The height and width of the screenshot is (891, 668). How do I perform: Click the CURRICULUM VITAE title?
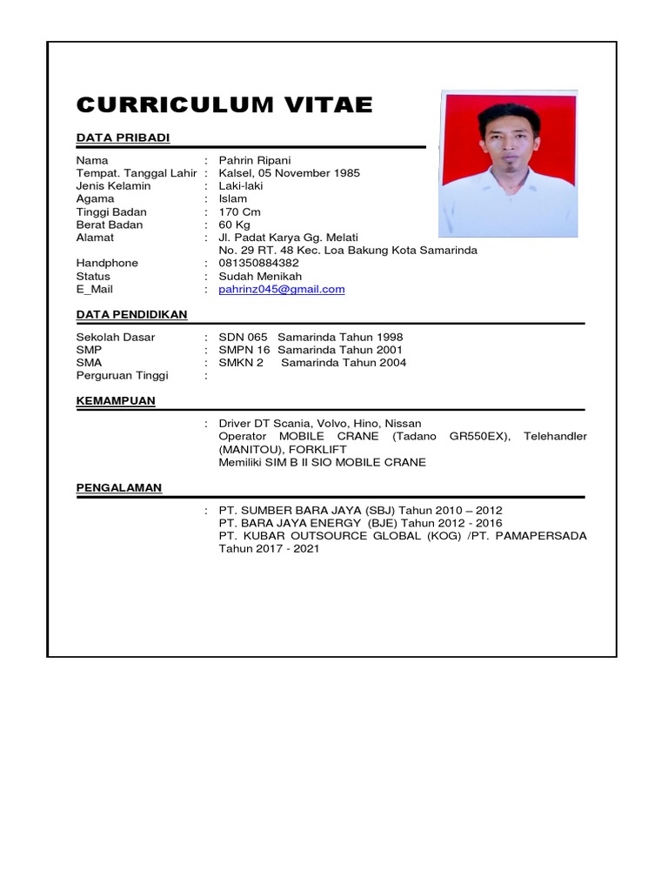(x=224, y=105)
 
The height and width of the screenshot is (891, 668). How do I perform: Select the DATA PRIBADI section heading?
(x=123, y=137)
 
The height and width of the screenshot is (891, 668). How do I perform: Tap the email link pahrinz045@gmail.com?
(x=282, y=290)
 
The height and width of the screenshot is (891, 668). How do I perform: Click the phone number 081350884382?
(x=258, y=263)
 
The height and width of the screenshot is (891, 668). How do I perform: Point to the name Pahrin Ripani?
(x=255, y=160)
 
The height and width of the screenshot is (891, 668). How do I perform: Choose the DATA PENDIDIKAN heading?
(x=131, y=314)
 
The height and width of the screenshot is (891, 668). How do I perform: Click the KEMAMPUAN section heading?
(x=116, y=400)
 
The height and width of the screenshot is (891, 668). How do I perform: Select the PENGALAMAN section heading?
(x=118, y=487)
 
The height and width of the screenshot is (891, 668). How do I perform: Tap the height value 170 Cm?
(x=240, y=211)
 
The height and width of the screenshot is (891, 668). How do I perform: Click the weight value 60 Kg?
(x=234, y=224)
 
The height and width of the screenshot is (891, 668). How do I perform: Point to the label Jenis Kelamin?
(x=113, y=185)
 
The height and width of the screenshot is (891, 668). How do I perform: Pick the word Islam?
(x=233, y=198)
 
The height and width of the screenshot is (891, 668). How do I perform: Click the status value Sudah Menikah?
(x=260, y=276)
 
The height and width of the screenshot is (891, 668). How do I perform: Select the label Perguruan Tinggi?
(x=122, y=375)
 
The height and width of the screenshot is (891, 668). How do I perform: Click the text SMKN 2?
(x=241, y=362)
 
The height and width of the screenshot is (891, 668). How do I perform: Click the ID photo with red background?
(x=509, y=163)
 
